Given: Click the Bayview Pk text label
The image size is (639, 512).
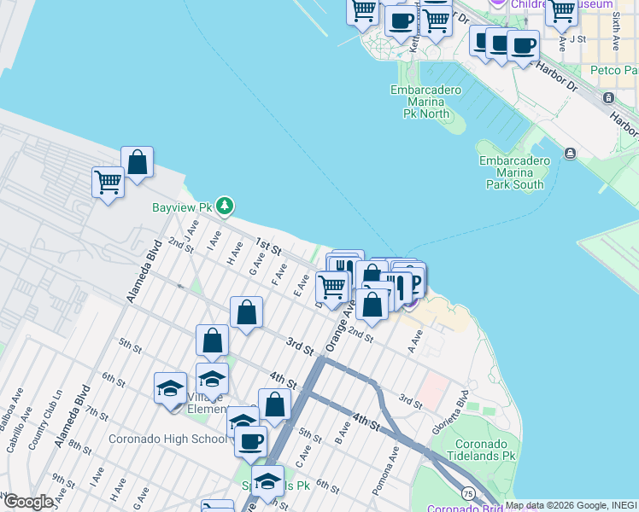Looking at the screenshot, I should coord(181,207).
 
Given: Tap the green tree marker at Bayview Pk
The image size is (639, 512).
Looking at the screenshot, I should coord(225,206).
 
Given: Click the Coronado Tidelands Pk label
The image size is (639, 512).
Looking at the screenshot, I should coord(485,451).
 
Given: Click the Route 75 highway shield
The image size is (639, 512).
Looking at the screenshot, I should coord(468,492).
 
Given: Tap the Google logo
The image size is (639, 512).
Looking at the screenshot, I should coord(28,502).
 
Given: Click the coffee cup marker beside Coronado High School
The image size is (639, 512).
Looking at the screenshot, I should coord(251,442).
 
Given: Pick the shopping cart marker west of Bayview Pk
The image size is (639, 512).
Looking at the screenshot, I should coord(108,182).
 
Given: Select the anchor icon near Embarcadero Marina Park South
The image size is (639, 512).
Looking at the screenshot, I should coord(570,154).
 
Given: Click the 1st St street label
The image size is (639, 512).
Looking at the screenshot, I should coord(269,248).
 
